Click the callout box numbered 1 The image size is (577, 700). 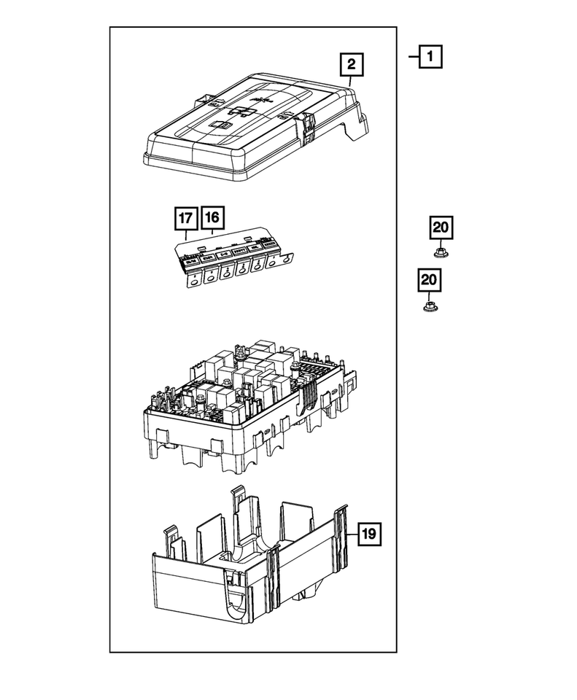[x=430, y=56]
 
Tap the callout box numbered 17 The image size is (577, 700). [x=186, y=219]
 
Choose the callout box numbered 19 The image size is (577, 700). [x=369, y=534]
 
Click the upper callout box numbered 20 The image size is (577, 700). [x=441, y=228]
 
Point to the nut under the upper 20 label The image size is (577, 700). [x=441, y=253]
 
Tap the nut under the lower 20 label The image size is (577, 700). [x=430, y=306]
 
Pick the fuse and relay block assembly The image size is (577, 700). [x=248, y=401]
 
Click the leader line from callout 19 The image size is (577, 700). [x=352, y=534]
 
